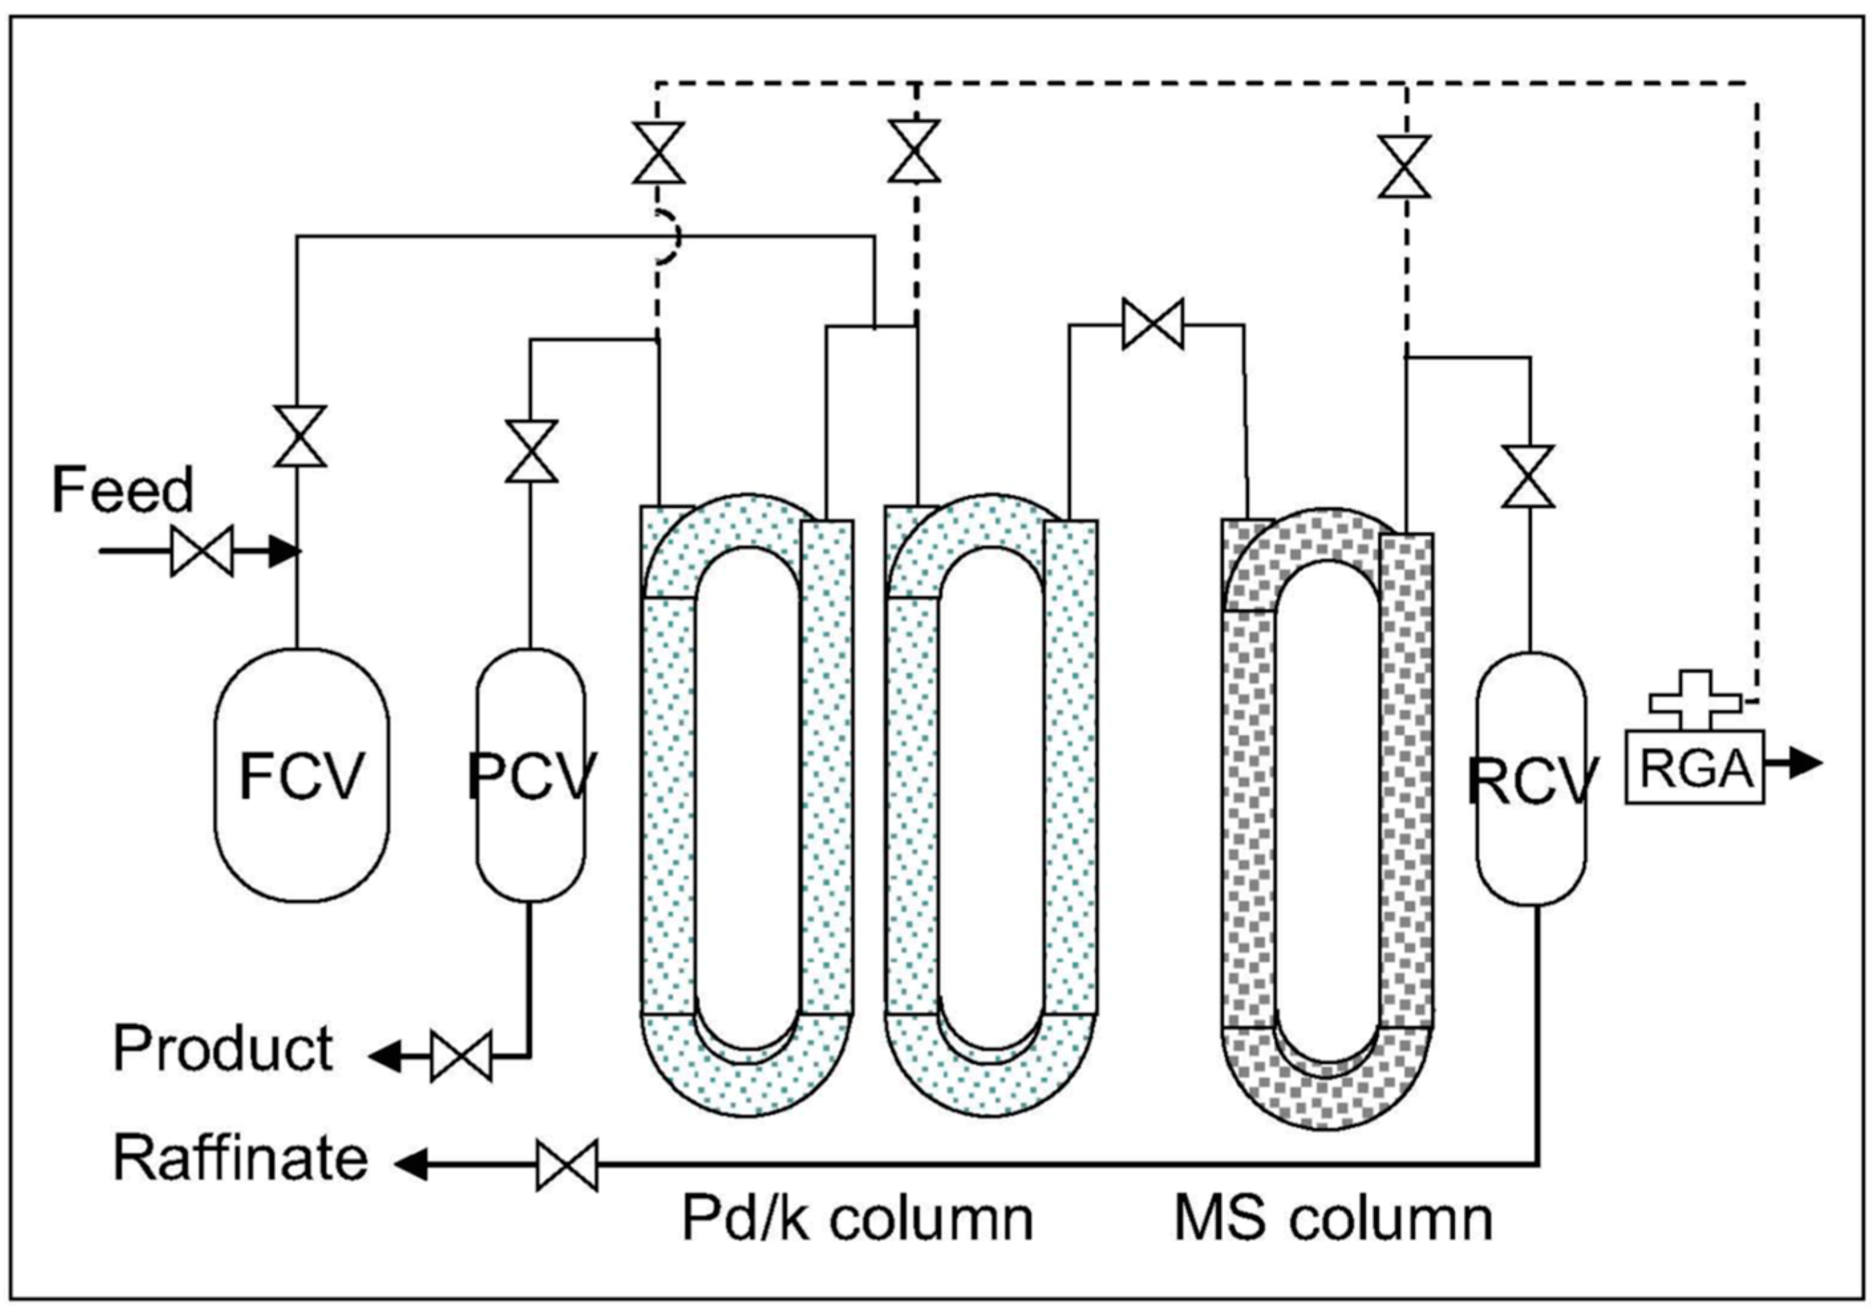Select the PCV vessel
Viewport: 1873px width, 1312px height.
(x=530, y=775)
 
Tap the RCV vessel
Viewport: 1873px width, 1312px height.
(x=1531, y=779)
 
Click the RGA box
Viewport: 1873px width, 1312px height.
(x=1694, y=767)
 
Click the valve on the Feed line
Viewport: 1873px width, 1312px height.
(x=202, y=551)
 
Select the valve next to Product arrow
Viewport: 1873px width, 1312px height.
(x=461, y=1057)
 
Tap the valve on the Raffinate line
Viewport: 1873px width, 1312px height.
(x=567, y=1166)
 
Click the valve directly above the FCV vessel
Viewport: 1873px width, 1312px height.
(x=299, y=436)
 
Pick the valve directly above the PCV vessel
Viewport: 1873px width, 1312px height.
(x=531, y=451)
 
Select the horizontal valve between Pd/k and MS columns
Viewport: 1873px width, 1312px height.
(x=1153, y=324)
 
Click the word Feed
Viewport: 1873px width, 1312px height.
(x=122, y=490)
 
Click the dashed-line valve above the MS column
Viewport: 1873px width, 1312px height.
(x=1404, y=166)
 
